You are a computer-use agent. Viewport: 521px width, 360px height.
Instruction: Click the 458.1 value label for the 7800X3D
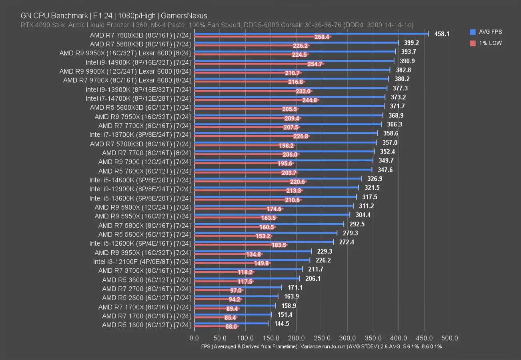point(442,34)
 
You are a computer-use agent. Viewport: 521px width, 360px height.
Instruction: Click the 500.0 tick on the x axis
point(450,338)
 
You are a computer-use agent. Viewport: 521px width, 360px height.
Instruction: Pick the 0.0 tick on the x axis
point(194,338)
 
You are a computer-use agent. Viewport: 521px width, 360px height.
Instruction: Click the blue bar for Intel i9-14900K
point(294,61)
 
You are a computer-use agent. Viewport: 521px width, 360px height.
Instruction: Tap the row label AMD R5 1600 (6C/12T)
point(146,325)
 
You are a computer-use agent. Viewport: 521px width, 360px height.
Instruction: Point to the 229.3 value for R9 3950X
point(325,251)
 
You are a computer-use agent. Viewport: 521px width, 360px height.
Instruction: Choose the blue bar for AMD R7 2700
point(238,287)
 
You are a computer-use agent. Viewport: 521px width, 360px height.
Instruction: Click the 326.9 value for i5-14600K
point(375,179)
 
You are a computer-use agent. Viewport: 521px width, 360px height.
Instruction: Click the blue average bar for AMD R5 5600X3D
point(289,106)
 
